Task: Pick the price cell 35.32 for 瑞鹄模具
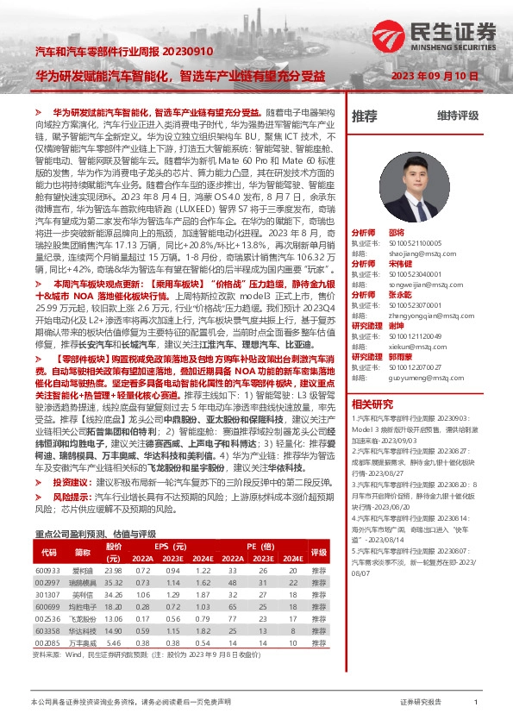114,582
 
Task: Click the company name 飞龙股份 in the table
82,618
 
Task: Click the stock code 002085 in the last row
48,642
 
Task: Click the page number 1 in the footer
475,704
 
